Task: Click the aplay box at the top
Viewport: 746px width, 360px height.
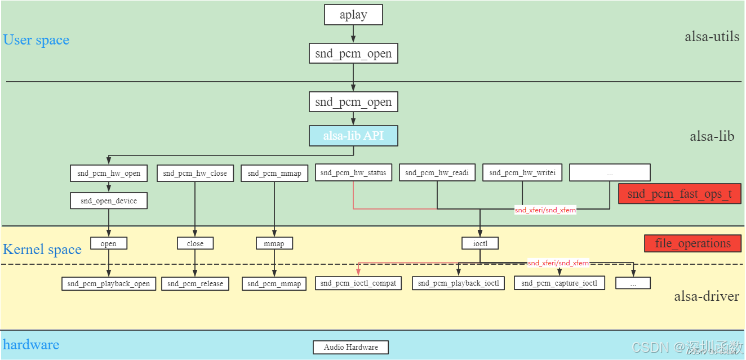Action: click(x=353, y=15)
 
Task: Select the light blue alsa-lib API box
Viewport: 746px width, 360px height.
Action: click(x=353, y=136)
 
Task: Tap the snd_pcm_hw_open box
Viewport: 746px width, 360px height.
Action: click(x=109, y=173)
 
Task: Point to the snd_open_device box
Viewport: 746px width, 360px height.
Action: click(x=109, y=201)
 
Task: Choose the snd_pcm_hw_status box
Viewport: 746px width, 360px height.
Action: click(x=353, y=172)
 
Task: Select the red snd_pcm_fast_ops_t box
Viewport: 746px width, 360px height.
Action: click(x=680, y=194)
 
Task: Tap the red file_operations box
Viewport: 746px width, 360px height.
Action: click(x=692, y=243)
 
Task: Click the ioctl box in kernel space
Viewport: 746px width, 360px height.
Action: click(x=480, y=243)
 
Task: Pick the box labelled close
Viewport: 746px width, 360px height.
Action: click(x=195, y=243)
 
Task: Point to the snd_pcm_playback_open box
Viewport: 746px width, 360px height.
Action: click(x=109, y=283)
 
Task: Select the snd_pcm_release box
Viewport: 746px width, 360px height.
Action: click(x=195, y=283)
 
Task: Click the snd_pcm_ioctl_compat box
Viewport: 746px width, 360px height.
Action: click(x=358, y=283)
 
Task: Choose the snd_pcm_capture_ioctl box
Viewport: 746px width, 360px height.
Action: click(x=559, y=283)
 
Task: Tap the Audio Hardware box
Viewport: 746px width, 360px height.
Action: click(x=350, y=347)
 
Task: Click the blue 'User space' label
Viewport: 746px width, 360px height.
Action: click(x=37, y=40)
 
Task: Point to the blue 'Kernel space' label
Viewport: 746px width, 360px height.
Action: click(x=42, y=250)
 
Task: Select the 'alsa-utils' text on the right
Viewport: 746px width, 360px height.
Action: click(x=712, y=37)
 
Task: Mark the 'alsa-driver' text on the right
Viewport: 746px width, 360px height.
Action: click(x=707, y=296)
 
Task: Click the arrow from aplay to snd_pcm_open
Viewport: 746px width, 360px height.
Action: click(x=353, y=34)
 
